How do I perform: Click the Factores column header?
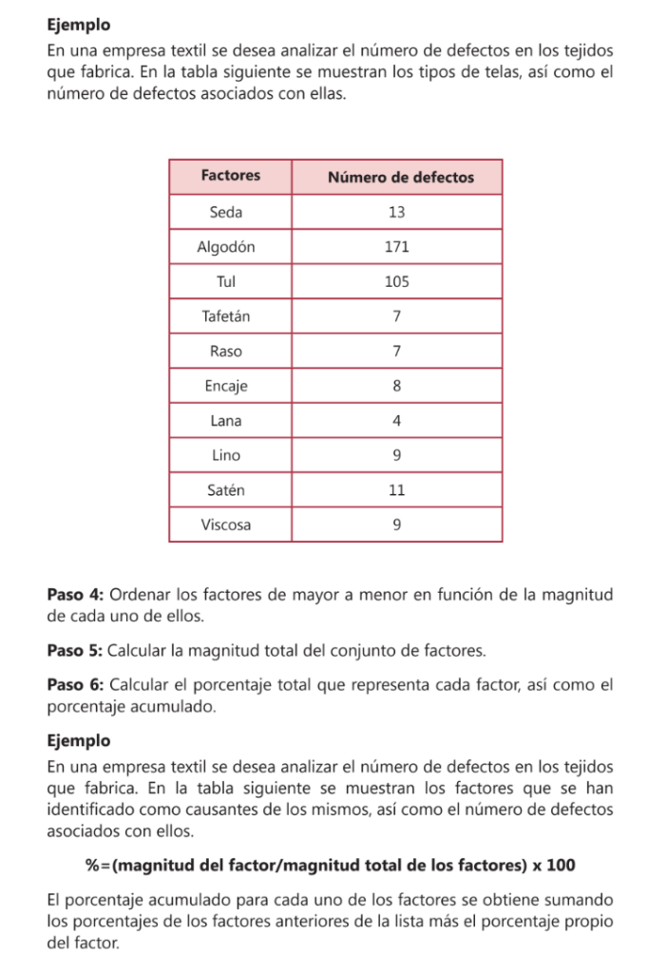[x=231, y=177]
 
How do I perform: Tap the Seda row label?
[x=226, y=212]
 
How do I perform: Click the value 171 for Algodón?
[x=397, y=247]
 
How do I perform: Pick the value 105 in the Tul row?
[x=397, y=282]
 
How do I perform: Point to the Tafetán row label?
[x=226, y=316]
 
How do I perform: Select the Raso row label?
[x=226, y=352]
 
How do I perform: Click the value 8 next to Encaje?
[x=397, y=387]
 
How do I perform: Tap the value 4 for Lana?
[x=397, y=421]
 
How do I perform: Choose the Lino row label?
[x=226, y=456]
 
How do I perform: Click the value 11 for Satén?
[x=397, y=490]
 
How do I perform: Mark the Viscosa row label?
[x=226, y=525]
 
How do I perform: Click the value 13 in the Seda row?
[x=397, y=212]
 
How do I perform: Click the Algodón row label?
[x=226, y=247]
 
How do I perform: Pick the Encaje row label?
[x=226, y=387]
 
